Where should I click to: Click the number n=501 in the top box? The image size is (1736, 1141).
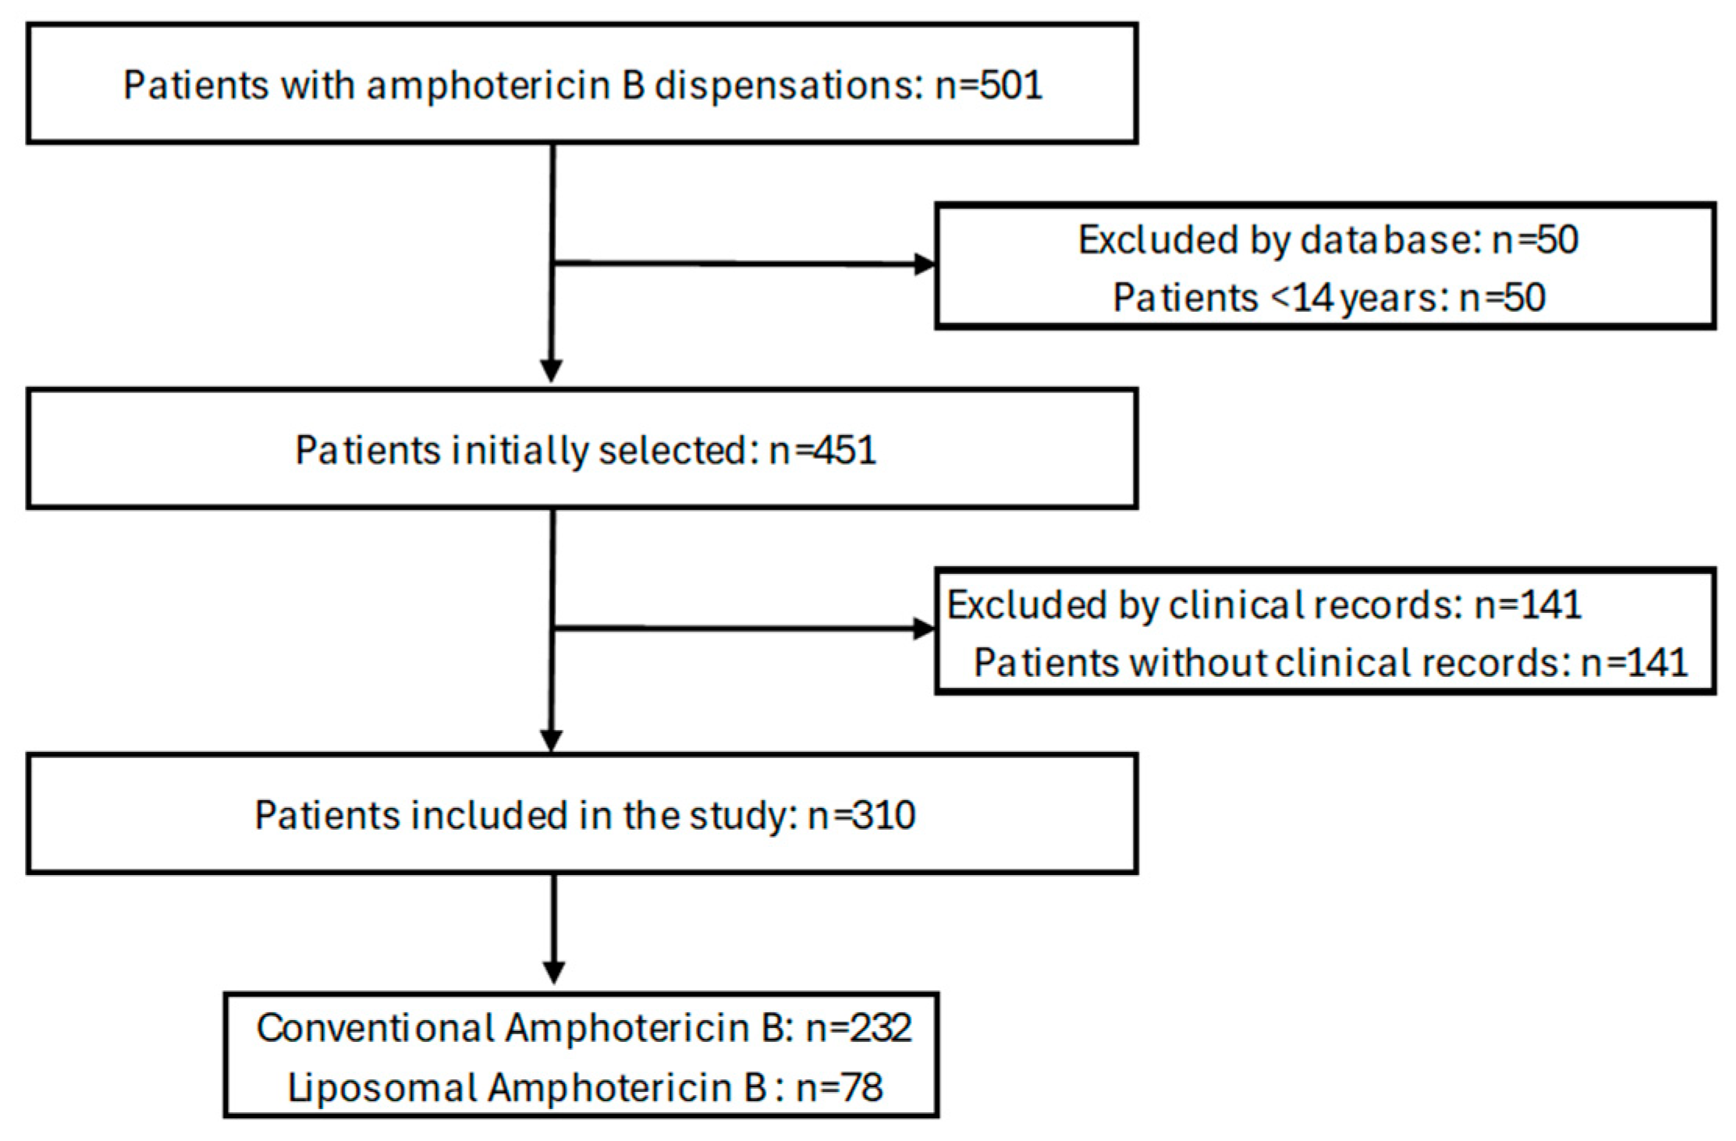(x=989, y=85)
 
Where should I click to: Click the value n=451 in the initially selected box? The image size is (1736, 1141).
(x=822, y=450)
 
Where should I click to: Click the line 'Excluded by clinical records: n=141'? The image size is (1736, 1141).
(x=1264, y=604)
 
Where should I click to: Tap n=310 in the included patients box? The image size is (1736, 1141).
(x=861, y=816)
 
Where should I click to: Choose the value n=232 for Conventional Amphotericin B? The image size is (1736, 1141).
(x=858, y=1028)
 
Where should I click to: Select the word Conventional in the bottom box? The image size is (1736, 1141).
(x=374, y=1028)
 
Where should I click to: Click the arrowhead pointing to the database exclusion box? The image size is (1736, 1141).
(x=925, y=265)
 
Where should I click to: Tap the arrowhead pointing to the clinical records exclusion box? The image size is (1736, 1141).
(x=925, y=629)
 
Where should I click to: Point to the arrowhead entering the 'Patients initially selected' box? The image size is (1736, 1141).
(x=552, y=371)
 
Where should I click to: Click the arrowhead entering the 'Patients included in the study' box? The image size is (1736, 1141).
(x=552, y=739)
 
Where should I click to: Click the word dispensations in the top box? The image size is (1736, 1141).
(x=784, y=85)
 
